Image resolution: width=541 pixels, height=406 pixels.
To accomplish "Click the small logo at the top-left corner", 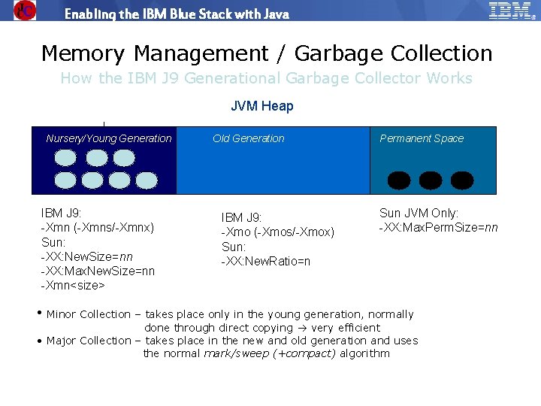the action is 25,10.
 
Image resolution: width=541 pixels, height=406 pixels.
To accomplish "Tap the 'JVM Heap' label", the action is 261,106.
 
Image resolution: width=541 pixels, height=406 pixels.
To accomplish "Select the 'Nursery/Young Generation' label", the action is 108,138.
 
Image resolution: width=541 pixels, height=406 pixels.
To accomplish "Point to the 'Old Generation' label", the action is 248,138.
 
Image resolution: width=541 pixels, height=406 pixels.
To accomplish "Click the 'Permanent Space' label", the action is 422,138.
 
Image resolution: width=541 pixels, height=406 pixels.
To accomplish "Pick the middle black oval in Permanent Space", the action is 431,180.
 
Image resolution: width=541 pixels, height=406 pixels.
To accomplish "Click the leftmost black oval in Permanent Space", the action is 399,180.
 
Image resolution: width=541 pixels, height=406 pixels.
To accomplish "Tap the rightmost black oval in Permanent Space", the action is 462,180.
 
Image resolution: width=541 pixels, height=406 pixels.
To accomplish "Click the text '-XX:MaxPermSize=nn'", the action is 438,227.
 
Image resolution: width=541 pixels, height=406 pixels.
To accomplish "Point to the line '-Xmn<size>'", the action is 72,285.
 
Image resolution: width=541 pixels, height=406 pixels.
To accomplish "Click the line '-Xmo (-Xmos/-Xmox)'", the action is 277,232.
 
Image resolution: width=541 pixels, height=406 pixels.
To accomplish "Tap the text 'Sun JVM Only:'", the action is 419,213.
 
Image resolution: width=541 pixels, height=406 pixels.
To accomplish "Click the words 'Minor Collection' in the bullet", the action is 89,314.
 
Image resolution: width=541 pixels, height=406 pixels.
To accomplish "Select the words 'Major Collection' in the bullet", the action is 89,341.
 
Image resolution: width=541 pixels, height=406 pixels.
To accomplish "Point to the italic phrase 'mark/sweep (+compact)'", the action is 270,353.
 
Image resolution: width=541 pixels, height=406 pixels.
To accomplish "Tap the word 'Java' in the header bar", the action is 274,14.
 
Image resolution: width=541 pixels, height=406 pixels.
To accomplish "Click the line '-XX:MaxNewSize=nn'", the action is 97,271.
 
